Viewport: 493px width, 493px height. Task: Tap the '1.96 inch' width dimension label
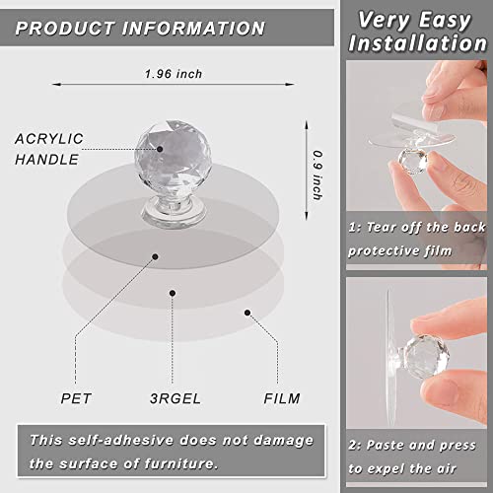(175, 73)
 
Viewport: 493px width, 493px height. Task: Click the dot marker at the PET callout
(155, 256)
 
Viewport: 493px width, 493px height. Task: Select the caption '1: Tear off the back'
(419, 228)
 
